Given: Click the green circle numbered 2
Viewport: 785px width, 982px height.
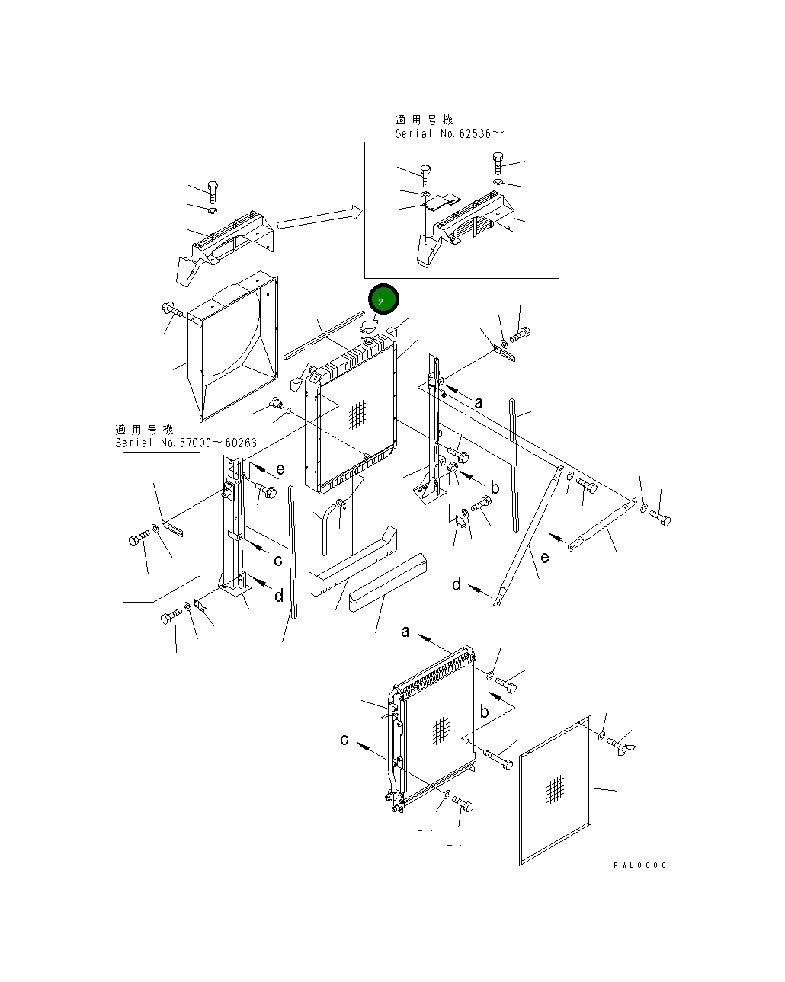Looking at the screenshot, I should tap(383, 299).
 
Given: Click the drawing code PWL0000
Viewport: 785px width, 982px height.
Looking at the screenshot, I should tap(639, 865).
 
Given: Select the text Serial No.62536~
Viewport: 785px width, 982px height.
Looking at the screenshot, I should tap(449, 133).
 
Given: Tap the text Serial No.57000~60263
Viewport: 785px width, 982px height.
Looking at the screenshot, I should tap(186, 443).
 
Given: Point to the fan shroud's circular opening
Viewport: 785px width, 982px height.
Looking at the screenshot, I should tap(229, 331).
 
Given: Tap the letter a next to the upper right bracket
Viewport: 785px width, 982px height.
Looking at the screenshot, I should tap(479, 402).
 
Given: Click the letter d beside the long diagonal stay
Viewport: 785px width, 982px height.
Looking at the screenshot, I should tap(457, 584).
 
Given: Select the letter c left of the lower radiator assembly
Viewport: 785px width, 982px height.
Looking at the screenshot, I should tap(344, 740).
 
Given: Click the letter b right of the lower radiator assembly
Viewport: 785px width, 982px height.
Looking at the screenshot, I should tap(484, 712).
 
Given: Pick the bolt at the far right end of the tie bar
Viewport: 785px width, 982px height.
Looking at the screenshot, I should tap(660, 520).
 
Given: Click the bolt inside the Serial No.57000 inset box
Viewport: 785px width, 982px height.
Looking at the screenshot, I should tap(139, 540).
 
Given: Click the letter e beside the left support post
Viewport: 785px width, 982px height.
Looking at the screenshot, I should tap(280, 469).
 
